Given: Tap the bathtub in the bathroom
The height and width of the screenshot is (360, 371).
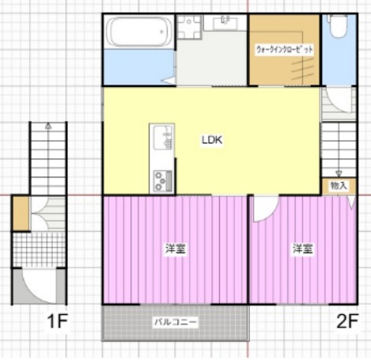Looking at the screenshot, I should pos(138,32).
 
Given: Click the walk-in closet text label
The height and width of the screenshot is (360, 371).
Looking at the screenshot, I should pos(285,49).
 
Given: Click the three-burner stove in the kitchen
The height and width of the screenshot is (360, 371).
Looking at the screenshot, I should pos(161,180).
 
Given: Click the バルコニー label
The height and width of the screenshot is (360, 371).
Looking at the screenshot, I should pos(176,323).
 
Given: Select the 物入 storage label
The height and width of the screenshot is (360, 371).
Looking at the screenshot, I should pos(338,186).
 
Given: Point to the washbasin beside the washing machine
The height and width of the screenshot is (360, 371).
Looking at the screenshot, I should pos(225,23).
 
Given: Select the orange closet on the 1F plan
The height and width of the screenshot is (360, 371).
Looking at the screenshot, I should pos(20,214).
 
